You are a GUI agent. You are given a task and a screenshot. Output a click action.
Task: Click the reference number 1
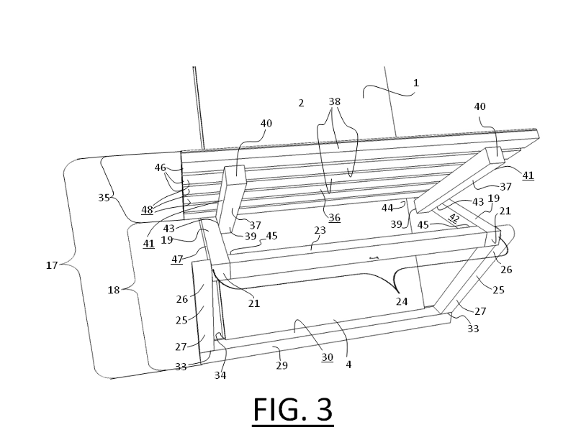[x=415, y=83]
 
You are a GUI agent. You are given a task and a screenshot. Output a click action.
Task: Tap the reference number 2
[x=302, y=103]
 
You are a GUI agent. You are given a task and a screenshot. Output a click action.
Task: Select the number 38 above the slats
[x=334, y=102]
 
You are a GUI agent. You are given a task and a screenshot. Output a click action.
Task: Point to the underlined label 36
[x=335, y=218]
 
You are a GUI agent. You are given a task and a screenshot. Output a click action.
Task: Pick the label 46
[x=160, y=167]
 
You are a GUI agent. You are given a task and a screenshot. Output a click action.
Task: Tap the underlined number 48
[x=148, y=210]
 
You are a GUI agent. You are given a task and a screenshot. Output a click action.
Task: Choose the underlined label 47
[x=178, y=259]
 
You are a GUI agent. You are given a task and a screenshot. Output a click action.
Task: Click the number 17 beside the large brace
[x=52, y=265]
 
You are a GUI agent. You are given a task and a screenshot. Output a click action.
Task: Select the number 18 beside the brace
[x=113, y=289]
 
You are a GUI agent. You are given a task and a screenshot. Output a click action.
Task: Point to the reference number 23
[x=320, y=231]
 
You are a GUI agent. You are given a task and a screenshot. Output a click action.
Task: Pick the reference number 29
[x=282, y=365]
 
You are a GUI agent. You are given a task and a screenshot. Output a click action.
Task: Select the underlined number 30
[x=327, y=357]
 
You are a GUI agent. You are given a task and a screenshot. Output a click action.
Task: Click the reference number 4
[x=348, y=365]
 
